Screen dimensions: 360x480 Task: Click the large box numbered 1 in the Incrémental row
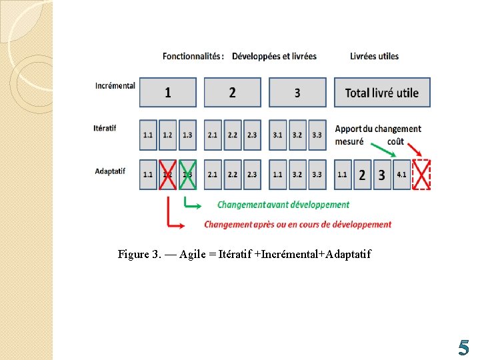click(x=168, y=93)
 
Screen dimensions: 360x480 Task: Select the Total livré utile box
click(x=382, y=93)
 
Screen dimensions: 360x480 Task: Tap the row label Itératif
click(x=105, y=128)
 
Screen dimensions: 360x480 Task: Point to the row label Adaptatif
click(x=110, y=171)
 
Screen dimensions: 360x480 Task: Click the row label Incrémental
click(x=115, y=85)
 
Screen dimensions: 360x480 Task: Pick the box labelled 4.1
click(x=402, y=175)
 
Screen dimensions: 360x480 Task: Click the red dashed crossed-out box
click(x=422, y=175)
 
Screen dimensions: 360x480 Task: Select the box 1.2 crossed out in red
click(x=167, y=175)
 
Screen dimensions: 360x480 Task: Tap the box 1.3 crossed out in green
click(x=187, y=175)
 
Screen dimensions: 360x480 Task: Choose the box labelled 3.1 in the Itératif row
click(x=277, y=135)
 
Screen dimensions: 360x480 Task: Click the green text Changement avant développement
click(x=283, y=205)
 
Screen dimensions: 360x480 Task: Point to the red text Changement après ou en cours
click(x=297, y=225)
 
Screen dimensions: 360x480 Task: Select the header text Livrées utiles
click(x=374, y=56)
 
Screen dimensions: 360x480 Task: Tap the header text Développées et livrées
click(x=274, y=56)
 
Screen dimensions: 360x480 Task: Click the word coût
click(x=395, y=141)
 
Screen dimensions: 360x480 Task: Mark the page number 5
click(x=463, y=347)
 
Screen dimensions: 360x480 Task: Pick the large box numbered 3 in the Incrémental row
click(x=297, y=93)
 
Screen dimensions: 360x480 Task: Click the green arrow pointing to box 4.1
click(x=381, y=148)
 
